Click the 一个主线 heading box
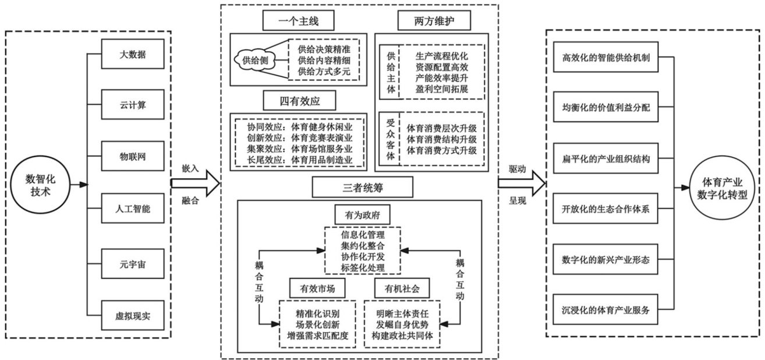[x=299, y=22]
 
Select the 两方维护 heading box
[x=434, y=22]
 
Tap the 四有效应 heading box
[x=299, y=100]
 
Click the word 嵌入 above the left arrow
[x=190, y=168]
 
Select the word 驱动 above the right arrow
[x=517, y=168]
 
